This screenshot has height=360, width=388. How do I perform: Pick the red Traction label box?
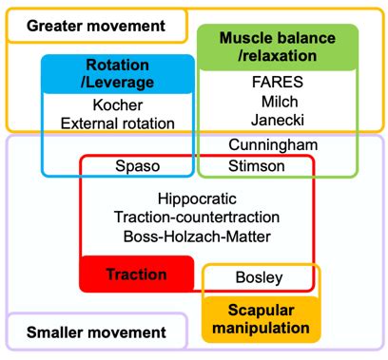(136, 275)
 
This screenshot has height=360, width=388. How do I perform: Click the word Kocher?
(117, 104)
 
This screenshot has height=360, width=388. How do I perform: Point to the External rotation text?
(117, 123)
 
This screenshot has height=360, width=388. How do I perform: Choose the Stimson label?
(253, 165)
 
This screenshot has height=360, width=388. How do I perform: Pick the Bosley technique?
(259, 277)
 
